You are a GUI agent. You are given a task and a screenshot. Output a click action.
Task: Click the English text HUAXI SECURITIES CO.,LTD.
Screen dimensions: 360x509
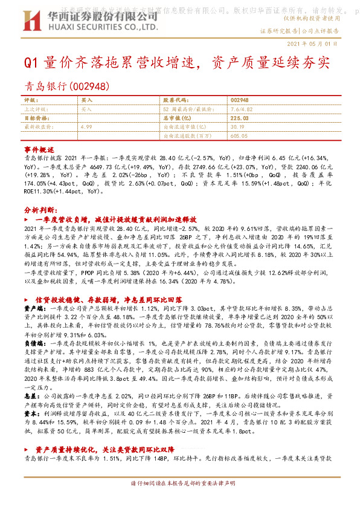point(102,27)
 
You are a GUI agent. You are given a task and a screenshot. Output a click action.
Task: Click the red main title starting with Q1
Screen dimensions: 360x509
point(177,63)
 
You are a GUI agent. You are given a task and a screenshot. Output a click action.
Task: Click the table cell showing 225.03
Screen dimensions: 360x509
point(240,118)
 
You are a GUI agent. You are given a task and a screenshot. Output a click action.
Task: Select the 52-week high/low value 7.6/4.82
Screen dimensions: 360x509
point(242,109)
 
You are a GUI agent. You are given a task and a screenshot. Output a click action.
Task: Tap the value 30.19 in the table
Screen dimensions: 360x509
point(237,128)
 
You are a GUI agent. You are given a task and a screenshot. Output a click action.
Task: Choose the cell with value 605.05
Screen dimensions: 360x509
point(239,137)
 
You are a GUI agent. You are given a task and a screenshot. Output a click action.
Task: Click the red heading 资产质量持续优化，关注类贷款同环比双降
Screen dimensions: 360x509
point(109,450)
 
